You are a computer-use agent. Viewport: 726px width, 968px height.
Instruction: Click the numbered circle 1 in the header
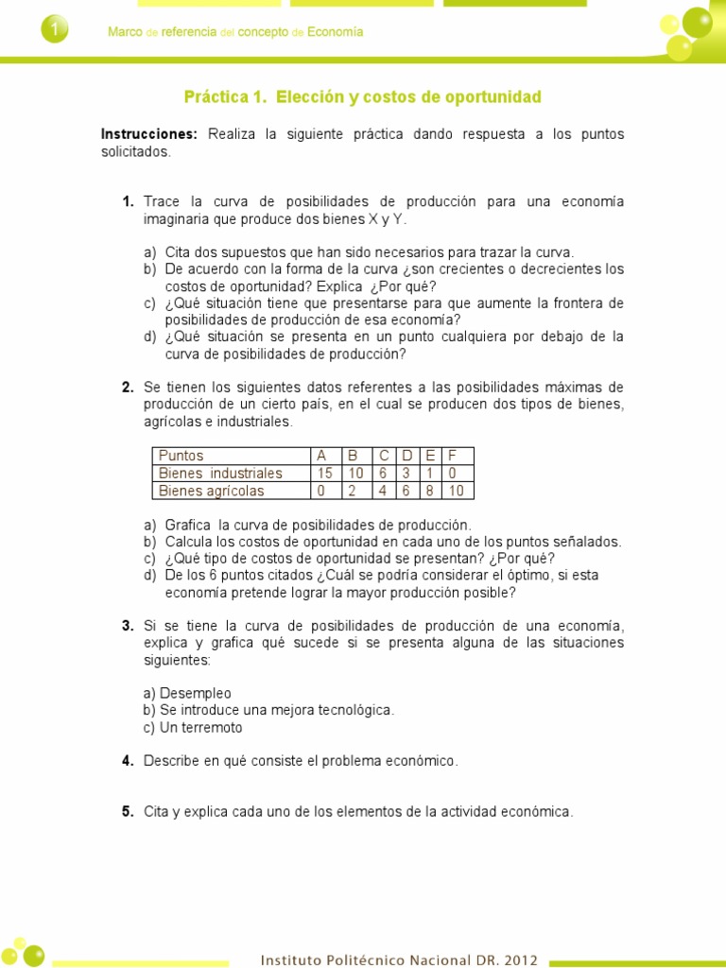55,31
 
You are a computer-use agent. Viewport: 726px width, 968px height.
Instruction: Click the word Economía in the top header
336,32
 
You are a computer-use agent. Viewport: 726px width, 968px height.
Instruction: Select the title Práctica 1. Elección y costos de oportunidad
362,97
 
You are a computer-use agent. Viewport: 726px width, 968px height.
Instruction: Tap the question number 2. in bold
127,388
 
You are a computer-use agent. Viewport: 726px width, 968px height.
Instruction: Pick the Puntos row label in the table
181,456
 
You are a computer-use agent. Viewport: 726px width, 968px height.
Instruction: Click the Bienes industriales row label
220,473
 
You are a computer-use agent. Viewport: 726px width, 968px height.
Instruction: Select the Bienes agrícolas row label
212,491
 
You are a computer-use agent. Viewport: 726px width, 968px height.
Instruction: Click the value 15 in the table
325,473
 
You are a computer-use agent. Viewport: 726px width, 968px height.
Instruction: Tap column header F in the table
452,456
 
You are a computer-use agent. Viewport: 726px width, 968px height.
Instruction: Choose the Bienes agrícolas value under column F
456,491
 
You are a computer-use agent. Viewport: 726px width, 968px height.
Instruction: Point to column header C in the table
384,456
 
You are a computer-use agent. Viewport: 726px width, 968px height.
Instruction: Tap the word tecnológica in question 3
357,710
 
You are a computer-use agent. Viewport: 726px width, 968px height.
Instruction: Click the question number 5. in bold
127,811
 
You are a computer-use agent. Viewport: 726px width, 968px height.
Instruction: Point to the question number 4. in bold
127,761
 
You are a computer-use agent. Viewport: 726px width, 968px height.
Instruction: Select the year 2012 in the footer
521,960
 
